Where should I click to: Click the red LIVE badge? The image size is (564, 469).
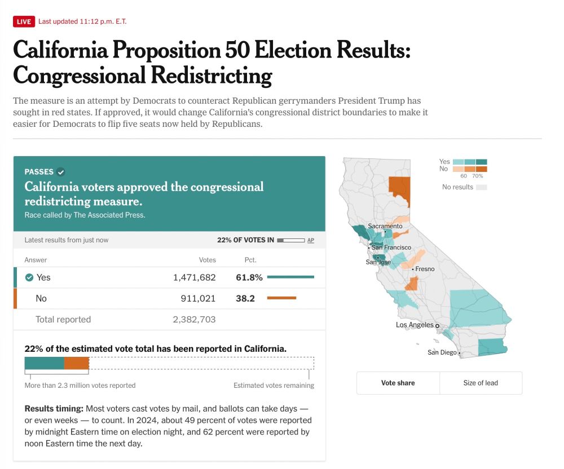pyautogui.click(x=24, y=22)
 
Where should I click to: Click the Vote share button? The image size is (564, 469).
pyautogui.click(x=398, y=383)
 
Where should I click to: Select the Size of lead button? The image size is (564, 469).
pyautogui.click(x=481, y=383)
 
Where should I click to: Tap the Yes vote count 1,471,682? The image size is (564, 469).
pyautogui.click(x=194, y=277)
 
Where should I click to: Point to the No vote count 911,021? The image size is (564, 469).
pyautogui.click(x=198, y=298)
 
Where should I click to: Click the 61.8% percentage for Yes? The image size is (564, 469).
pyautogui.click(x=249, y=277)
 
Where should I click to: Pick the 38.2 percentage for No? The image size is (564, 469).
pyautogui.click(x=245, y=298)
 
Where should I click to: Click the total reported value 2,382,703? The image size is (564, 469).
pyautogui.click(x=194, y=319)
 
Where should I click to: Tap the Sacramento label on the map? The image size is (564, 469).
pyautogui.click(x=385, y=226)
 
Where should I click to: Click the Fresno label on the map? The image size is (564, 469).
pyautogui.click(x=425, y=269)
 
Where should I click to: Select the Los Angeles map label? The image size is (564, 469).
pyautogui.click(x=415, y=325)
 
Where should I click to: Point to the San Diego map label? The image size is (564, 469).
pyautogui.click(x=442, y=352)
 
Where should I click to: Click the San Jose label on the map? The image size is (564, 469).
pyautogui.click(x=378, y=262)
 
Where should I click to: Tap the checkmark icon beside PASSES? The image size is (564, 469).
pyautogui.click(x=61, y=172)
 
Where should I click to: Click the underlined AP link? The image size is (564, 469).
pyautogui.click(x=311, y=240)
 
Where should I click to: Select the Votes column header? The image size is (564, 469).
pyautogui.click(x=207, y=260)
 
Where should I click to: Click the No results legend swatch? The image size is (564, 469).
pyautogui.click(x=481, y=187)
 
